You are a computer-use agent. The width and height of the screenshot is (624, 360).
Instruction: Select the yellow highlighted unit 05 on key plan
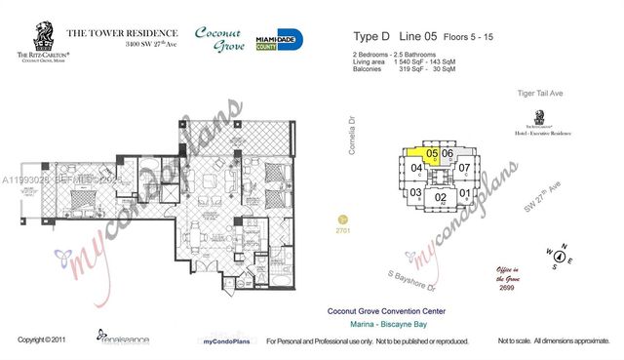(x=429, y=154)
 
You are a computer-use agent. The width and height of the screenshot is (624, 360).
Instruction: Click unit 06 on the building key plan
(x=448, y=154)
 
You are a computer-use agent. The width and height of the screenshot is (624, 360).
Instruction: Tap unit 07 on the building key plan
(x=465, y=168)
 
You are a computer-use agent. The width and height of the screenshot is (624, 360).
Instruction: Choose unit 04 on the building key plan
(x=415, y=168)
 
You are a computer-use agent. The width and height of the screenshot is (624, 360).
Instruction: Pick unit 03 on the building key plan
(x=415, y=192)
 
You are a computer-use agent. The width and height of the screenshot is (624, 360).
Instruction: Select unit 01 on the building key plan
(x=465, y=193)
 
